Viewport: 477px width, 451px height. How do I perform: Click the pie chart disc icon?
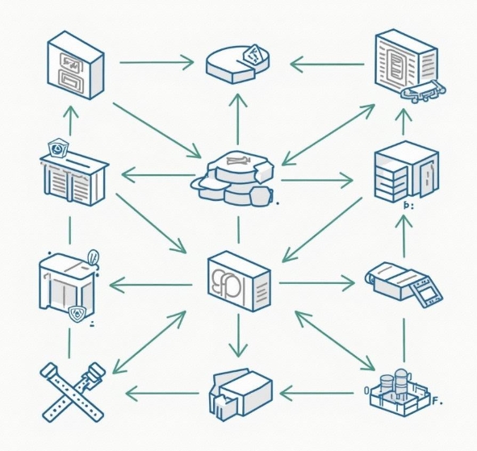click(239, 63)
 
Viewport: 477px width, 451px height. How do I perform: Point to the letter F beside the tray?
click(433, 399)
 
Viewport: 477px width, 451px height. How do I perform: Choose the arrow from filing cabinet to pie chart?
click(157, 61)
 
